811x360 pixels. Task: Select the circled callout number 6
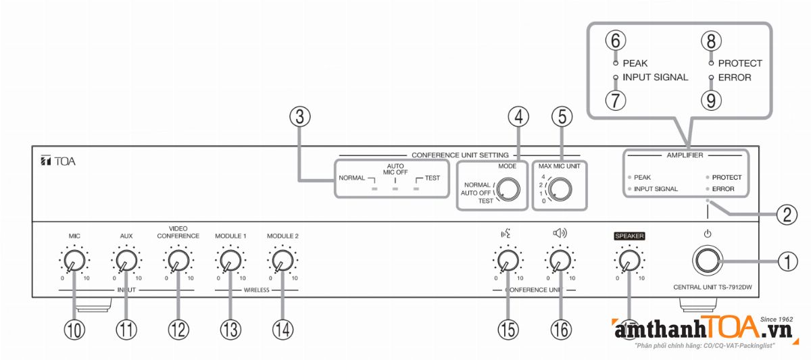point(615,41)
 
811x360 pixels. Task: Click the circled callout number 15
point(508,329)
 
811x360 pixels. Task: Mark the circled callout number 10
point(74,329)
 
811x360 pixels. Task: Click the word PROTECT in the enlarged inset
point(740,63)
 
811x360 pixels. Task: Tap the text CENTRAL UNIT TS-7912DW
point(712,287)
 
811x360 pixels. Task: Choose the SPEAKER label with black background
point(629,236)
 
